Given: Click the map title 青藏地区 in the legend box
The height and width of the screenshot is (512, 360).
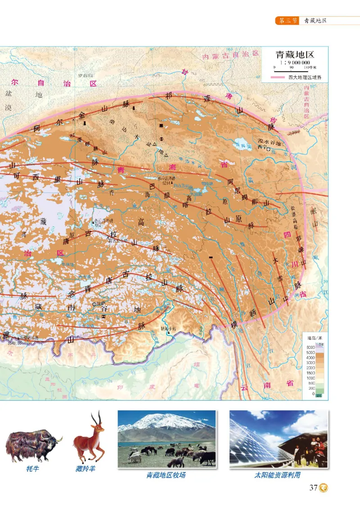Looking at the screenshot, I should pos(294,55).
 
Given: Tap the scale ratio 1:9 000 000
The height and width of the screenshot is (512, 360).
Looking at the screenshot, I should pos(294,63).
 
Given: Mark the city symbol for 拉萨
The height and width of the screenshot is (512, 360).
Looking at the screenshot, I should pos(94,304).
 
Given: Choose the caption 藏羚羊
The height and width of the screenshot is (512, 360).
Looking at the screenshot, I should pos(85,469).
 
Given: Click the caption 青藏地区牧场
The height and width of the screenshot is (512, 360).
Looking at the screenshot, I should pos(166,475).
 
